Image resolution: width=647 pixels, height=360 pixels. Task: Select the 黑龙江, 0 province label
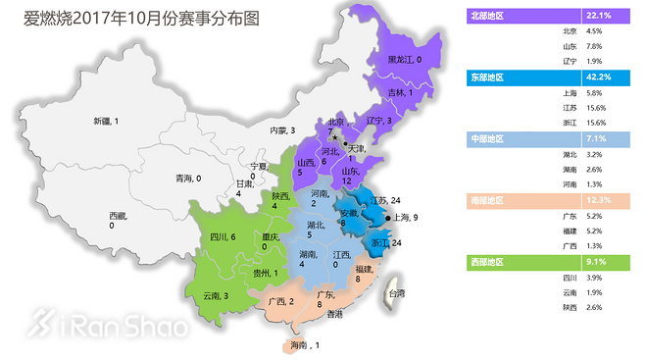[x=405, y=60]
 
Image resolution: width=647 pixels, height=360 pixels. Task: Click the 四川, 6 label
[x=224, y=237]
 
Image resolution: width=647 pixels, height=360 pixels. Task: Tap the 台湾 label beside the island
[x=397, y=293]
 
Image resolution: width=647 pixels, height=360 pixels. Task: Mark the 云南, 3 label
[x=218, y=295]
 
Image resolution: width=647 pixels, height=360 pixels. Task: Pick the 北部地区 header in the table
[x=490, y=16]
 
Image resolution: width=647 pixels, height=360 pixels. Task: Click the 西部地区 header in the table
[x=490, y=261]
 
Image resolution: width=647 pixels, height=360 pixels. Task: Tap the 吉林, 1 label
[x=397, y=93]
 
